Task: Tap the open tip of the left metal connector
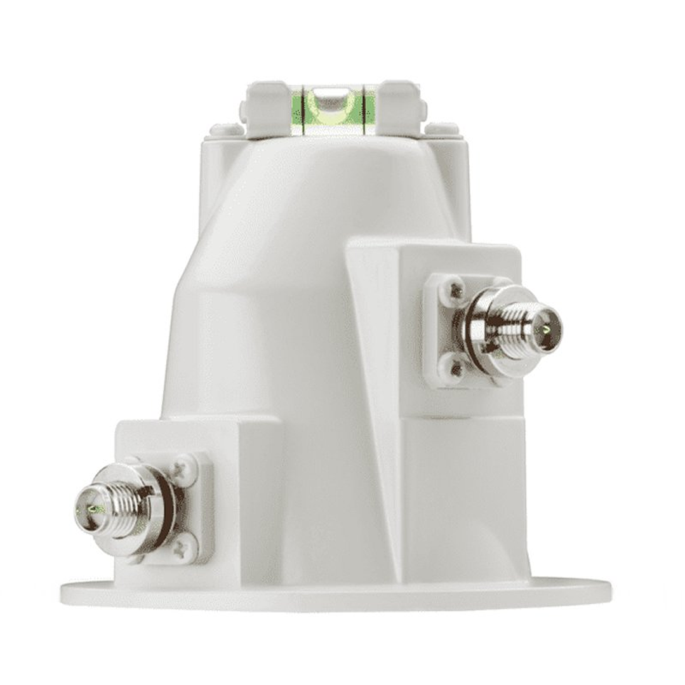89,508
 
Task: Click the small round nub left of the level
226,129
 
